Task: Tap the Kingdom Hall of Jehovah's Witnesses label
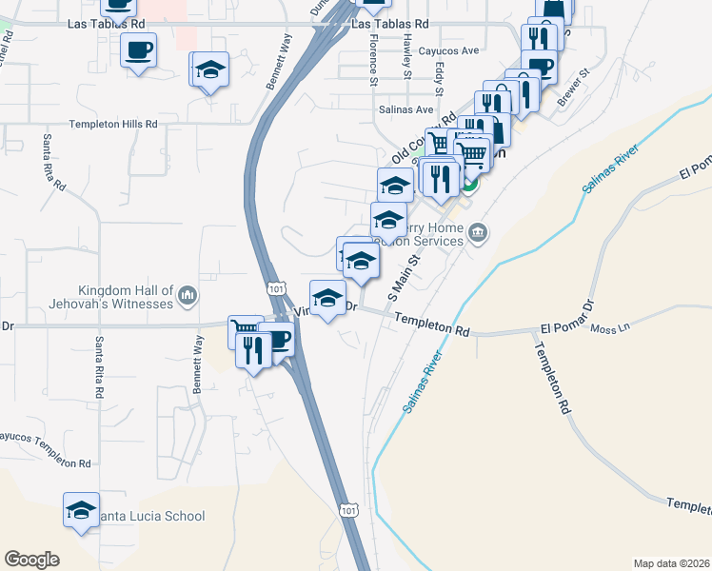(x=126, y=297)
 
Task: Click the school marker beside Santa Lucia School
(x=82, y=511)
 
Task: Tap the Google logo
(x=31, y=560)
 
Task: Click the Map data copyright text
(x=670, y=563)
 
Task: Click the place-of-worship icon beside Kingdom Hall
(x=188, y=297)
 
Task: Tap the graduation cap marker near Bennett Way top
(x=211, y=69)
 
